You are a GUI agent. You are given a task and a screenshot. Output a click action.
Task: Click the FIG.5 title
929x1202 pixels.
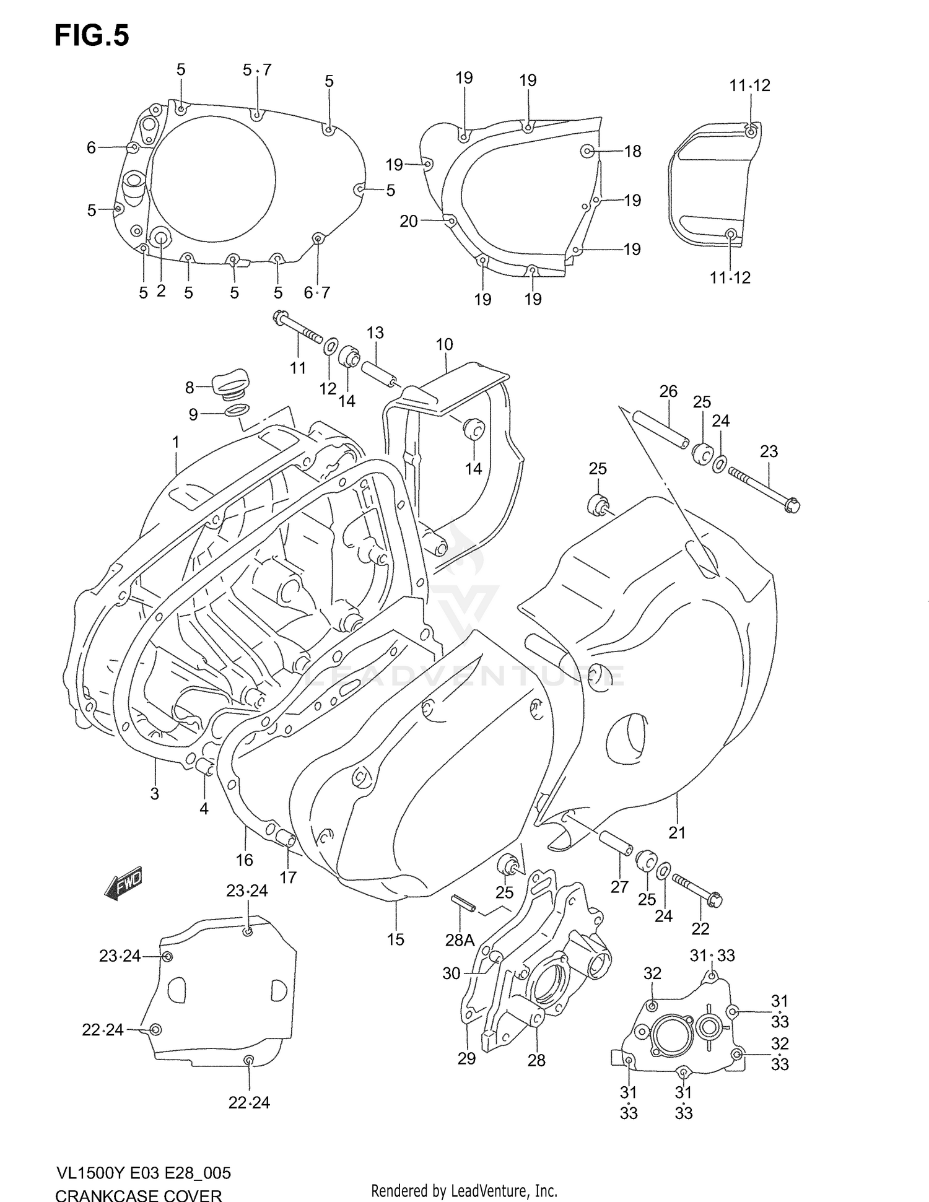(92, 36)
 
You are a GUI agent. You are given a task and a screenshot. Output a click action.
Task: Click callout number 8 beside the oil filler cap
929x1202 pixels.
(190, 388)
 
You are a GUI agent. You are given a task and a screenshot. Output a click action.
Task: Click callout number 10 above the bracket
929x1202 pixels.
(444, 344)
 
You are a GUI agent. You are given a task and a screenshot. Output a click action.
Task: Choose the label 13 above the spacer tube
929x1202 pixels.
(375, 333)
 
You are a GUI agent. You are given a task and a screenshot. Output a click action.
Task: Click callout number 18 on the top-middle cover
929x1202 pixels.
(632, 151)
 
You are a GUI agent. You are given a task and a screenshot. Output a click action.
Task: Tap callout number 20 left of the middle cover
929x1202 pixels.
(409, 221)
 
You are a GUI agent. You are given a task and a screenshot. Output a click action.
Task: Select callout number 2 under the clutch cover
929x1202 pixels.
(161, 291)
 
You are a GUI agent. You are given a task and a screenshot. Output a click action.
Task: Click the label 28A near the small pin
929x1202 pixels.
(460, 941)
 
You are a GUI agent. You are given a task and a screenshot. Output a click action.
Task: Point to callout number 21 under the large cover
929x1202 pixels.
(678, 833)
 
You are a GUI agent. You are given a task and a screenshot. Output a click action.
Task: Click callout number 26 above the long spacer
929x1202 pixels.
(668, 391)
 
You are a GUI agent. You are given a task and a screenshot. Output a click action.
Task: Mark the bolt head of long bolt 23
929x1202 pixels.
(793, 506)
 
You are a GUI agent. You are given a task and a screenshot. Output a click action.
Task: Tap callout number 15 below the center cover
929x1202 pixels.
(395, 939)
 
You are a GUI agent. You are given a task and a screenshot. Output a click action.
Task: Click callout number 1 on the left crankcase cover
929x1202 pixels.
(176, 442)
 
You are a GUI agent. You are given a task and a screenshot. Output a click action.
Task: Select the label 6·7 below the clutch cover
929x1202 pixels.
(317, 292)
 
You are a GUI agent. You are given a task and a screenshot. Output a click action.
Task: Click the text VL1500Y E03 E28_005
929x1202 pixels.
(143, 1172)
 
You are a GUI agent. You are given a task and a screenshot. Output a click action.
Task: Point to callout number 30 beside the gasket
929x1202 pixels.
(451, 973)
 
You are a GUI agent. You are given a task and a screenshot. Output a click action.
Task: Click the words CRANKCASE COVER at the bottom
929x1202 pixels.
(138, 1195)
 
